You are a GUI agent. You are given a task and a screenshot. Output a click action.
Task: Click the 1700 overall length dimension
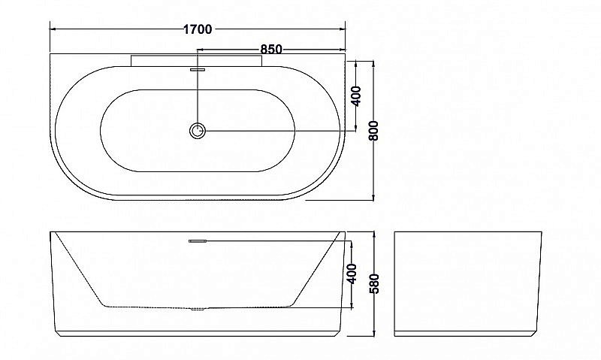pos(198,29)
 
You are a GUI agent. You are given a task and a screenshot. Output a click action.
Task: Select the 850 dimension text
pos(270,50)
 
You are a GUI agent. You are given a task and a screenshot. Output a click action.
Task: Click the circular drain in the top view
pos(198,132)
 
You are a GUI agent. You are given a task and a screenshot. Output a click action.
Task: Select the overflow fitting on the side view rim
pos(198,241)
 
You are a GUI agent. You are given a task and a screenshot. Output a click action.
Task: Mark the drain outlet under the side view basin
pos(198,308)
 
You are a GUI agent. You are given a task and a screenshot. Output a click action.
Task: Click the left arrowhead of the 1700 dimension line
pos(53,29)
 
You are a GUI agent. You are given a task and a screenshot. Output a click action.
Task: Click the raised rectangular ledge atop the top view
pos(197,59)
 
